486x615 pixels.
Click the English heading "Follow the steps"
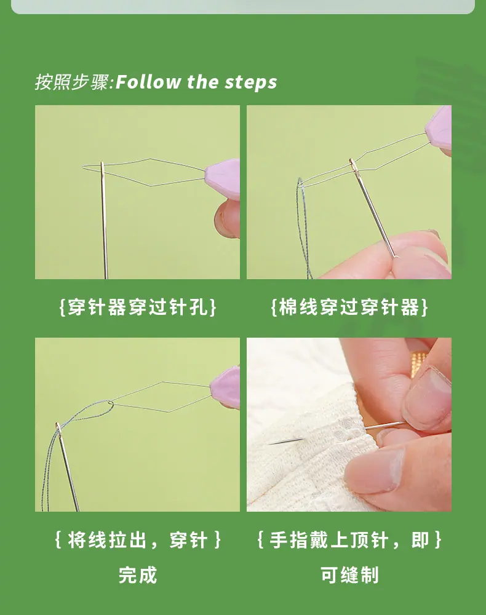click(196, 82)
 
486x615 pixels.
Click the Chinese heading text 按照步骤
click(72, 82)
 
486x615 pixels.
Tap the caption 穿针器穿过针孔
click(137, 307)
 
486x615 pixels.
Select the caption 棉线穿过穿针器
click(349, 307)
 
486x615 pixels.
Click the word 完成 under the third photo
click(138, 575)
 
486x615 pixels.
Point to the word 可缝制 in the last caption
click(349, 575)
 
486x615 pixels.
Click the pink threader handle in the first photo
click(223, 179)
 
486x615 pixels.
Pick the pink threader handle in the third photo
click(225, 387)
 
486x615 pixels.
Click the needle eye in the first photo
click(102, 170)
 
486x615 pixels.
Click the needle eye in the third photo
click(58, 428)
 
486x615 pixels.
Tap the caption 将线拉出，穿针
click(138, 540)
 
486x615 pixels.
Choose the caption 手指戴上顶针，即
click(349, 540)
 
